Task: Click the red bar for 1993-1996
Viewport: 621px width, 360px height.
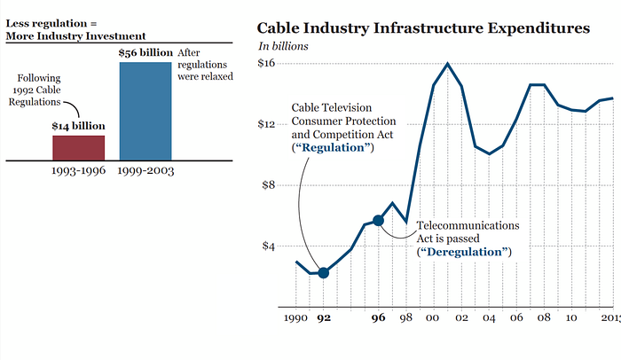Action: pos(79,148)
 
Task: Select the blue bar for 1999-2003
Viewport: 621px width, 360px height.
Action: pos(145,112)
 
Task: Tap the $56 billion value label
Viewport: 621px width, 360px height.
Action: pos(145,52)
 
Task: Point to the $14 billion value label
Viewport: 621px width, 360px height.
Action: pos(78,126)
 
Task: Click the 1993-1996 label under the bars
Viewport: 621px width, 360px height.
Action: pos(78,171)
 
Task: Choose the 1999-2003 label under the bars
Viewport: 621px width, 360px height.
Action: pos(145,171)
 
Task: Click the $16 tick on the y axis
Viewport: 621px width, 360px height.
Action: pos(266,63)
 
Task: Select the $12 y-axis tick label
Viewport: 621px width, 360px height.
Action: pos(266,124)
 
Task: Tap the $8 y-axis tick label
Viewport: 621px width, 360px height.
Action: pos(269,185)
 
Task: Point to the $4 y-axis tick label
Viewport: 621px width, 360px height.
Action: pos(269,246)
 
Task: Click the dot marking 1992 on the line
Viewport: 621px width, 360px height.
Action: pos(324,273)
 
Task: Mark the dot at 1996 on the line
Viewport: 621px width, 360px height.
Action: pos(378,221)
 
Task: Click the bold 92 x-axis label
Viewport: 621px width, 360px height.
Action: pos(324,317)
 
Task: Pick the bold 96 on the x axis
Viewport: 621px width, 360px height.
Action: pos(378,317)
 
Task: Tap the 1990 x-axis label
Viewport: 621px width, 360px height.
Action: pos(295,317)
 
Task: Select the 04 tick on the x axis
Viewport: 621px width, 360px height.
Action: pos(489,317)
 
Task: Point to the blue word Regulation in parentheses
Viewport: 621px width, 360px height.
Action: pos(333,148)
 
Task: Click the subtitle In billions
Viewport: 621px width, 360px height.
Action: pos(283,46)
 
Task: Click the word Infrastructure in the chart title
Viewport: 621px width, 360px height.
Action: pos(428,28)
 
